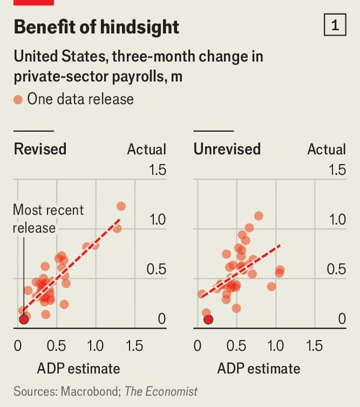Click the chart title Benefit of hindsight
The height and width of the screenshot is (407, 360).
(96, 27)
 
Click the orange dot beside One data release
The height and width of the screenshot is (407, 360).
(18, 99)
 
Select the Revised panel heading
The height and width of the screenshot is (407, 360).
(40, 148)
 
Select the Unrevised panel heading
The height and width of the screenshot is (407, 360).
(227, 148)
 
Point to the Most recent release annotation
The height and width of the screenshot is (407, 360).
(48, 219)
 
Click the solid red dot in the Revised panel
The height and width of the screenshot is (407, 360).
(24, 319)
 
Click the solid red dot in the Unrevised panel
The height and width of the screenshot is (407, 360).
(208, 319)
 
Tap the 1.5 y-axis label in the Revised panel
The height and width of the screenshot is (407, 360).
(157, 171)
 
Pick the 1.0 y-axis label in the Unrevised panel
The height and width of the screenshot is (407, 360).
(337, 220)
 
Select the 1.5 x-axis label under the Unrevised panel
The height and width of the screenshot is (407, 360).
(315, 345)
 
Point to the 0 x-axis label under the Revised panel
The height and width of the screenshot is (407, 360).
(17, 345)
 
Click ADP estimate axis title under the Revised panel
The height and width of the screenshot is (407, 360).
(79, 368)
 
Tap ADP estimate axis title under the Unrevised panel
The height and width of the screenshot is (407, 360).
(259, 368)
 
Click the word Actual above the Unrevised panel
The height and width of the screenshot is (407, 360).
(326, 149)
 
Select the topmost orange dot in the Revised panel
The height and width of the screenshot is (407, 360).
(121, 206)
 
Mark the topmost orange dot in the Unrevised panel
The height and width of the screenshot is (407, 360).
(258, 216)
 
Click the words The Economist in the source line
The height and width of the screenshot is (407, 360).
(162, 392)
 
